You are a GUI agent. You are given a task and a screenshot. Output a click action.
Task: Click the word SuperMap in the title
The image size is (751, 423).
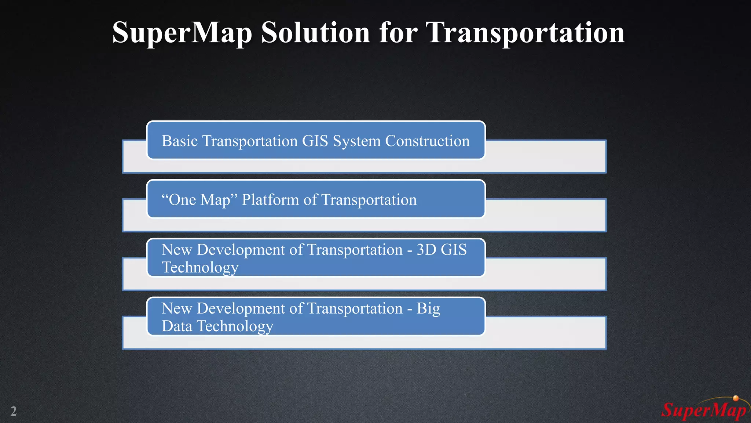(x=182, y=33)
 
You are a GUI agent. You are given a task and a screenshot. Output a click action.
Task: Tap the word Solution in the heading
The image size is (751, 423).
(x=315, y=32)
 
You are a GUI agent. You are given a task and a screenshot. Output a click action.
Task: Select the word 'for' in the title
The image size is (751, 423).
(x=398, y=32)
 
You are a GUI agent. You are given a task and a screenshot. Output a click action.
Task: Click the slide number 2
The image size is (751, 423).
(x=14, y=411)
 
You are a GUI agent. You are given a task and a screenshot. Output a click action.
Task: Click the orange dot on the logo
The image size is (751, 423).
(x=736, y=398)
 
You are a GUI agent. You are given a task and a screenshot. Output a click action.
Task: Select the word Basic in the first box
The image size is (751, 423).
(x=180, y=141)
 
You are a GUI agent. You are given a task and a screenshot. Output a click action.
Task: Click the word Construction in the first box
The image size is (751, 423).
(x=427, y=141)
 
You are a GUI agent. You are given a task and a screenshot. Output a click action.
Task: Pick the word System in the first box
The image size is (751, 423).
(x=356, y=141)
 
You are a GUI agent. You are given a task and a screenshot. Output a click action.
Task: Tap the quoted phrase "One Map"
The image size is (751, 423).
(x=199, y=200)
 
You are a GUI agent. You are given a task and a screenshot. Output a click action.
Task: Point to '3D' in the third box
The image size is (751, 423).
(x=426, y=250)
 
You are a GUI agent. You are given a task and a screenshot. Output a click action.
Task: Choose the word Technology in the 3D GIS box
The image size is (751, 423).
(x=200, y=267)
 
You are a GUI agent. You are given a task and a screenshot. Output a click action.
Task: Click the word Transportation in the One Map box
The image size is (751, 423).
(x=369, y=200)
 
